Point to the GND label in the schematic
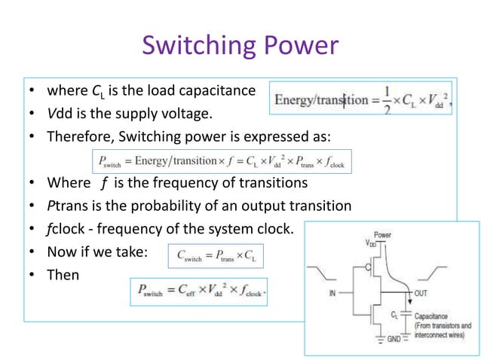[394, 340]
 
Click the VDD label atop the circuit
[371, 243]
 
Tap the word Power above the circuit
[383, 234]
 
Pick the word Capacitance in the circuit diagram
[434, 316]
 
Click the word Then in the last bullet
[63, 275]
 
